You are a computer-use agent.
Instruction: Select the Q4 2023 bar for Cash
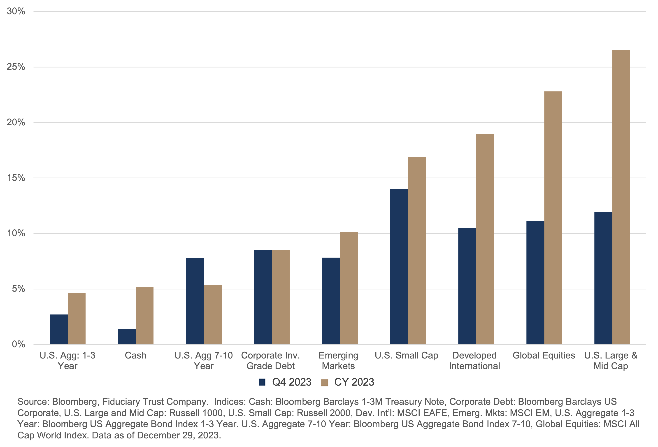coord(127,337)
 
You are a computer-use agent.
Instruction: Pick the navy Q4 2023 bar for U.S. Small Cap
coord(399,266)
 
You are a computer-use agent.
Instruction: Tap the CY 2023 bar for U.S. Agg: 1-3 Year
coord(77,319)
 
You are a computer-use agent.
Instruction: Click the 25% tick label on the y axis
coord(16,67)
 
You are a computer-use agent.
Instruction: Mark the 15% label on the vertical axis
coord(16,178)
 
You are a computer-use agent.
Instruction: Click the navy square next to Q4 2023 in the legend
coord(262,382)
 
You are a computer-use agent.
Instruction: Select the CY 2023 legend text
coord(354,382)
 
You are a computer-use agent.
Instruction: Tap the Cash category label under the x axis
coord(135,355)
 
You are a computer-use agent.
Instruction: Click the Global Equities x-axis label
coord(544,355)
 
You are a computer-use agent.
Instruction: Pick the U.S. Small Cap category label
coord(406,355)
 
